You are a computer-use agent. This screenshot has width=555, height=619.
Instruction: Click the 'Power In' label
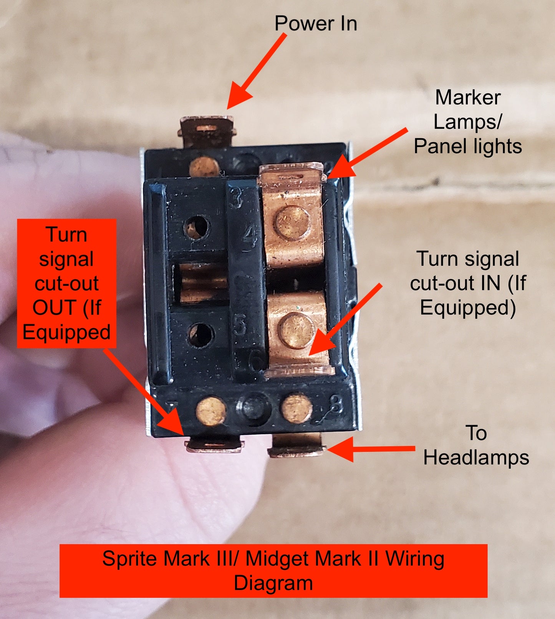316,23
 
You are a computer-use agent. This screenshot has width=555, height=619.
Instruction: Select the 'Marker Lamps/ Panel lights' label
467,122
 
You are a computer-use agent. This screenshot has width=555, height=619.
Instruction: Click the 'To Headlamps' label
476,445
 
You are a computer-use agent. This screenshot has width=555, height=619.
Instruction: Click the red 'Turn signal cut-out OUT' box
66,283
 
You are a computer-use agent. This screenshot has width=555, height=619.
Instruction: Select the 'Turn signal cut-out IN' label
467,283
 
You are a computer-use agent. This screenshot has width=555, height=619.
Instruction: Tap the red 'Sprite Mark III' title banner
273,570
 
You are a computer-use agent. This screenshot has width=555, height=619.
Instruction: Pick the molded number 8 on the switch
336,404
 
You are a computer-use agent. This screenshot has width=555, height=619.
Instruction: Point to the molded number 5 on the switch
240,325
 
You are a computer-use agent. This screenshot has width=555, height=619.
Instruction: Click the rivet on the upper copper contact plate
293,223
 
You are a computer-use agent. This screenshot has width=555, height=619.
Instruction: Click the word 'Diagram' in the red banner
273,583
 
